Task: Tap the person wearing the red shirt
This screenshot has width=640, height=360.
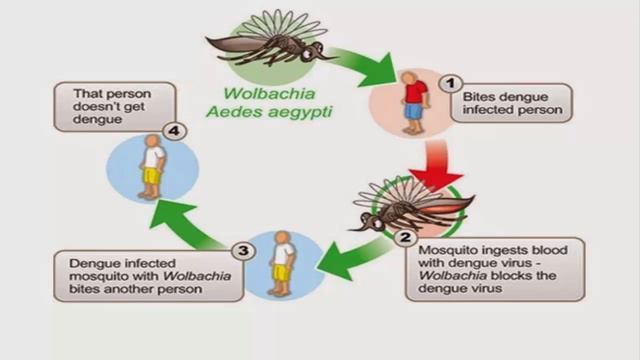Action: coord(412,98)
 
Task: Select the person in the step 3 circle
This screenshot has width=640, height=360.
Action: coord(283,258)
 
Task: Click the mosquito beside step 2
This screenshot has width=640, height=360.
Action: coord(410,205)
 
